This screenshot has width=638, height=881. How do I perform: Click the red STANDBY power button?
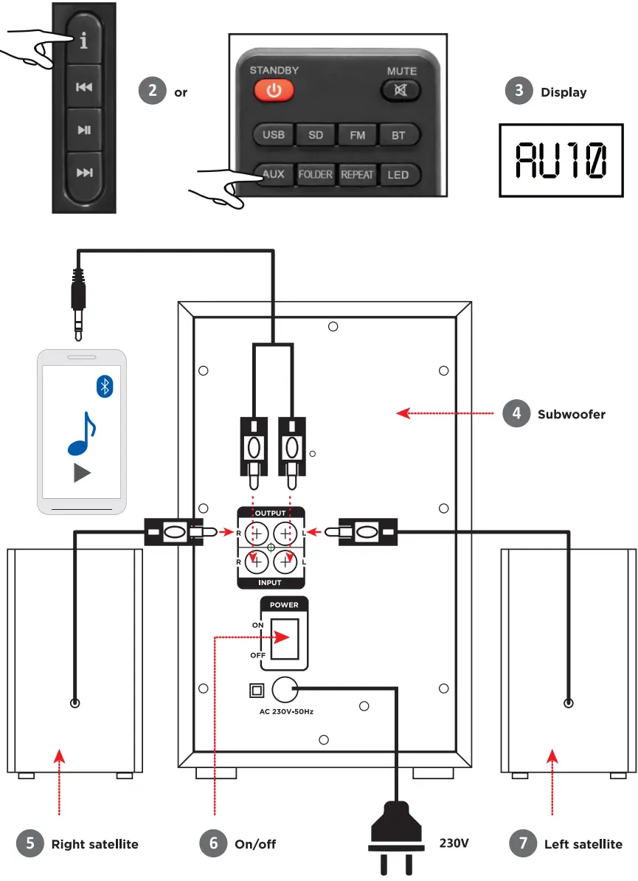click(274, 91)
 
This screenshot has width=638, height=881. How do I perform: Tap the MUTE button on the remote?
click(401, 91)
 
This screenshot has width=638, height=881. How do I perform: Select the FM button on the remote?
click(357, 135)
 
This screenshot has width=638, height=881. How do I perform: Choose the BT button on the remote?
click(399, 135)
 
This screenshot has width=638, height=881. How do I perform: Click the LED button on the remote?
click(398, 175)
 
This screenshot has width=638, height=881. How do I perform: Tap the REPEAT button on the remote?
click(357, 175)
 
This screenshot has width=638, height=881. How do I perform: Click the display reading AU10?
click(561, 160)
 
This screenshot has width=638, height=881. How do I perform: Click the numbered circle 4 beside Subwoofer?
click(516, 413)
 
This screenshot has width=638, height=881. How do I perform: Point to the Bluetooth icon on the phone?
click(106, 385)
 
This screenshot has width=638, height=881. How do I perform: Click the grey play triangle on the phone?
click(83, 472)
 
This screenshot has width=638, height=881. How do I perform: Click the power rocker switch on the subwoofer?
click(284, 638)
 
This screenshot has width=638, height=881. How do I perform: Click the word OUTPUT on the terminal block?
click(271, 513)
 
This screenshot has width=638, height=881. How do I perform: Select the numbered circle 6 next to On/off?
click(214, 843)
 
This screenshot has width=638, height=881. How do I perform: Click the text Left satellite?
click(583, 844)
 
